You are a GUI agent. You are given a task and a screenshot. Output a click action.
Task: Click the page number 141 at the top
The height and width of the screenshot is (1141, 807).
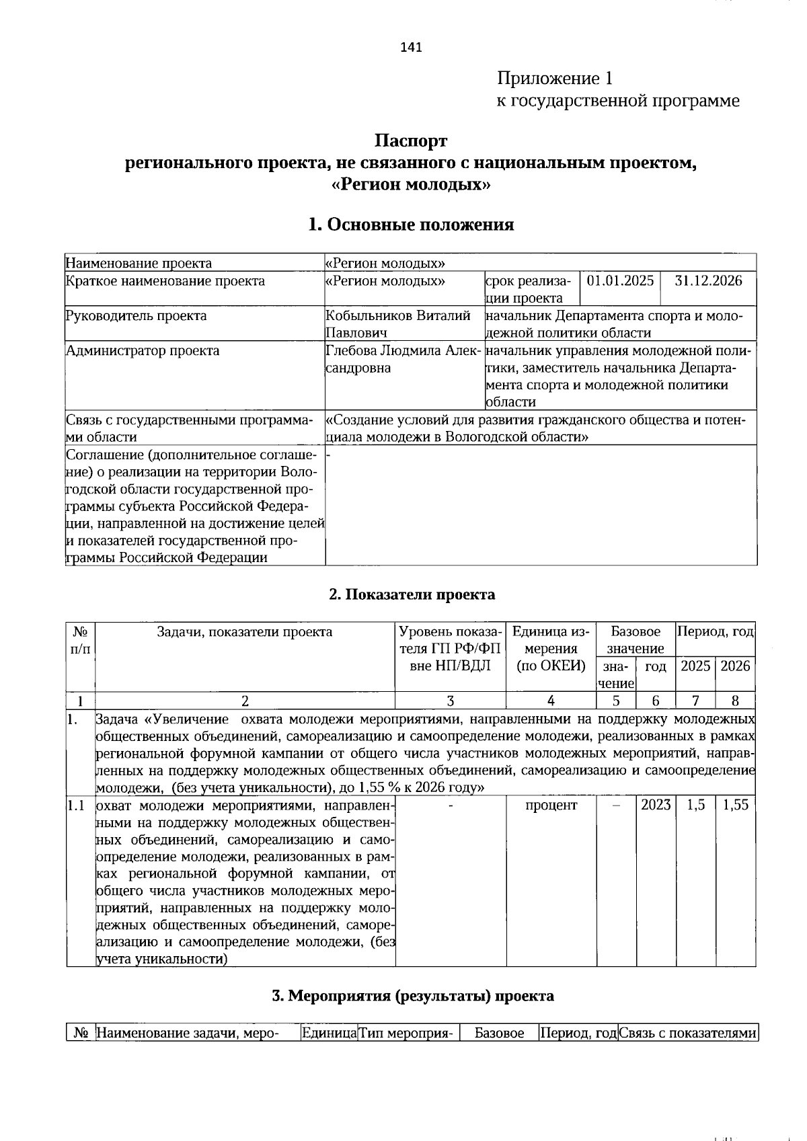[x=411, y=47]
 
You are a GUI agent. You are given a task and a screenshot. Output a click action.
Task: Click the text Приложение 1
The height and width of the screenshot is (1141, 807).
[x=555, y=79]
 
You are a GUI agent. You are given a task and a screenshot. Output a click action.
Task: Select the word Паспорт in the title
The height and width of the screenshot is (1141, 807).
[x=411, y=141]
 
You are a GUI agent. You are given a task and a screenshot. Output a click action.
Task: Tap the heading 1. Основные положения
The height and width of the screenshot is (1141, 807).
[x=411, y=225]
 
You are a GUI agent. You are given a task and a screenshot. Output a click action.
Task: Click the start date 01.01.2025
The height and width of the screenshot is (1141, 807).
[x=620, y=281]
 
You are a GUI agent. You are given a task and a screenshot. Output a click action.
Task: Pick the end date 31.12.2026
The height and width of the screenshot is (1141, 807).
[x=708, y=281]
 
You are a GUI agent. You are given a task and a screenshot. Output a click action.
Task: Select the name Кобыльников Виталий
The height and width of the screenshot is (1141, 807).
[x=397, y=316]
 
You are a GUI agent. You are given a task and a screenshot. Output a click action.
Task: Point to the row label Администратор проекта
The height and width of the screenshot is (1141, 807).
[x=143, y=351]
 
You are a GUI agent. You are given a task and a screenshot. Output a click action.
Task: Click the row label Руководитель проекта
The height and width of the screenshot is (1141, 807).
[x=136, y=316]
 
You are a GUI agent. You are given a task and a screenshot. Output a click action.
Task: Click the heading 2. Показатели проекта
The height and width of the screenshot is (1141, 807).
[x=412, y=594]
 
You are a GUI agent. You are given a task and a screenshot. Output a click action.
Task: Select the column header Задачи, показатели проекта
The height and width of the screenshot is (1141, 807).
[x=244, y=632]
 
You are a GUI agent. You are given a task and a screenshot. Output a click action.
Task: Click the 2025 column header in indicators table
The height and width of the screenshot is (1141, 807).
[x=695, y=666]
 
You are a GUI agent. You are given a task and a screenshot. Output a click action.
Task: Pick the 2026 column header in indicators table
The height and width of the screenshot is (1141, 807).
[x=735, y=666]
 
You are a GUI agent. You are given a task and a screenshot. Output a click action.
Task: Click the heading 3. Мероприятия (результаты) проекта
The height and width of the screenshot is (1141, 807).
[x=412, y=996]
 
